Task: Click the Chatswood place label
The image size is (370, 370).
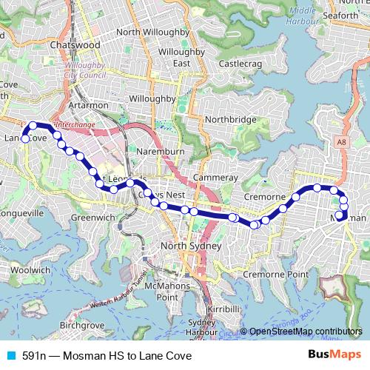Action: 75,45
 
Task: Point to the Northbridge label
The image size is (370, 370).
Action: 232,119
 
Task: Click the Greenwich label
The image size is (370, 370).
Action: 93,218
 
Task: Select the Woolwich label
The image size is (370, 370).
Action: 30,271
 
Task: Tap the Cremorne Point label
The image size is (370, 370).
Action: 276,274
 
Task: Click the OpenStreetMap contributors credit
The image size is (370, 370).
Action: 305,332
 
